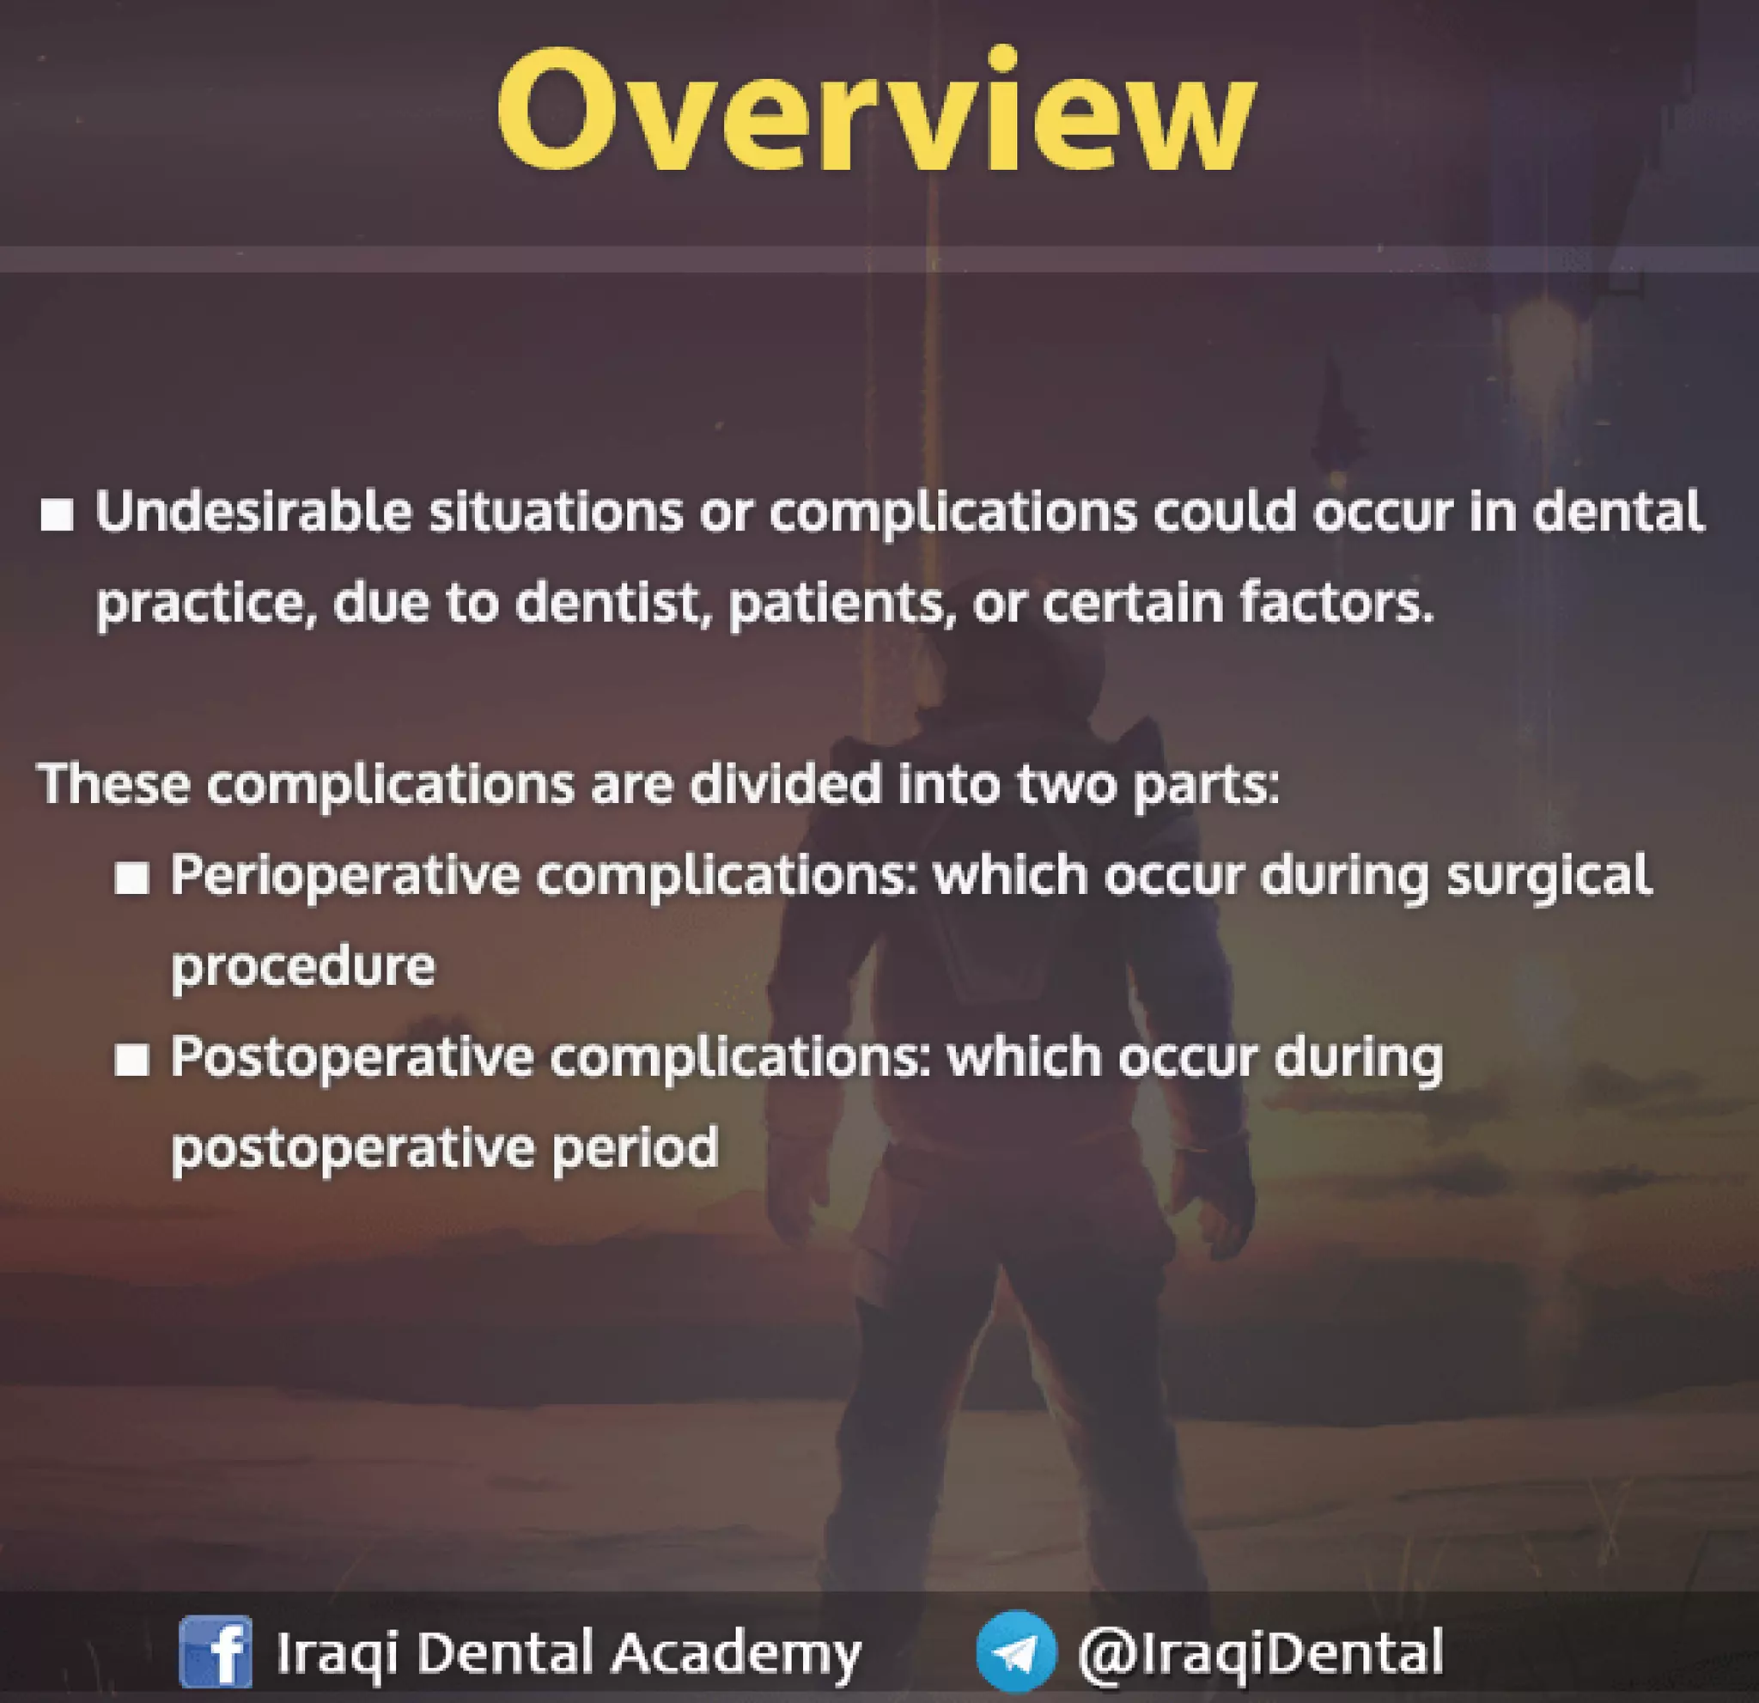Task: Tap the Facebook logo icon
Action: pyautogui.click(x=216, y=1651)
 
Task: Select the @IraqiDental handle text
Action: pyautogui.click(x=1260, y=1651)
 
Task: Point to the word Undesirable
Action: pyautogui.click(x=253, y=513)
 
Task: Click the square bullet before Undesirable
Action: pyautogui.click(x=58, y=516)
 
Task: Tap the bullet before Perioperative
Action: pyautogui.click(x=132, y=879)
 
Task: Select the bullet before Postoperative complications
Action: pyautogui.click(x=132, y=1061)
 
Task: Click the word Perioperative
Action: pyautogui.click(x=344, y=876)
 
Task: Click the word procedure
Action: pyautogui.click(x=302, y=966)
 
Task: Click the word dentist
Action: pyautogui.click(x=606, y=603)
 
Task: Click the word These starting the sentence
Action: pyautogui.click(x=114, y=784)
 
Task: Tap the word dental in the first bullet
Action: pyautogui.click(x=1616, y=513)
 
